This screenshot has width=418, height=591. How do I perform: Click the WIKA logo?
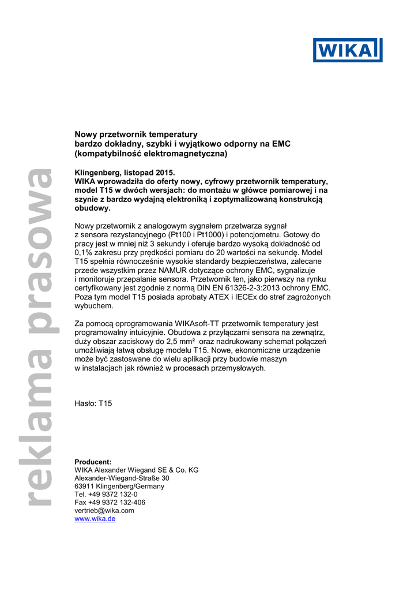coord(348,50)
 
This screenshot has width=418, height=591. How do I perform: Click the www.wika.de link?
coord(95,519)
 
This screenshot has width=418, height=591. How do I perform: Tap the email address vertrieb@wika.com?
coord(104,511)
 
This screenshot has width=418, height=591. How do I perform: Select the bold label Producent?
coord(93,462)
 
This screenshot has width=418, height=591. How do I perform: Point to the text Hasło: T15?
coord(93,403)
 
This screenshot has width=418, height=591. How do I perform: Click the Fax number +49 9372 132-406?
coord(110,503)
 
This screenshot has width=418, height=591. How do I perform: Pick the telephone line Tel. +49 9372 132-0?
coord(106,495)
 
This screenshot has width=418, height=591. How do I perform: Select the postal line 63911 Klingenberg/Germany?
coord(119,487)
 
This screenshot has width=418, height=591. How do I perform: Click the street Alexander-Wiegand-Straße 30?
coord(122,478)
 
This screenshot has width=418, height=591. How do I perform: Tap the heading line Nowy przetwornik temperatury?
coord(137,134)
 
